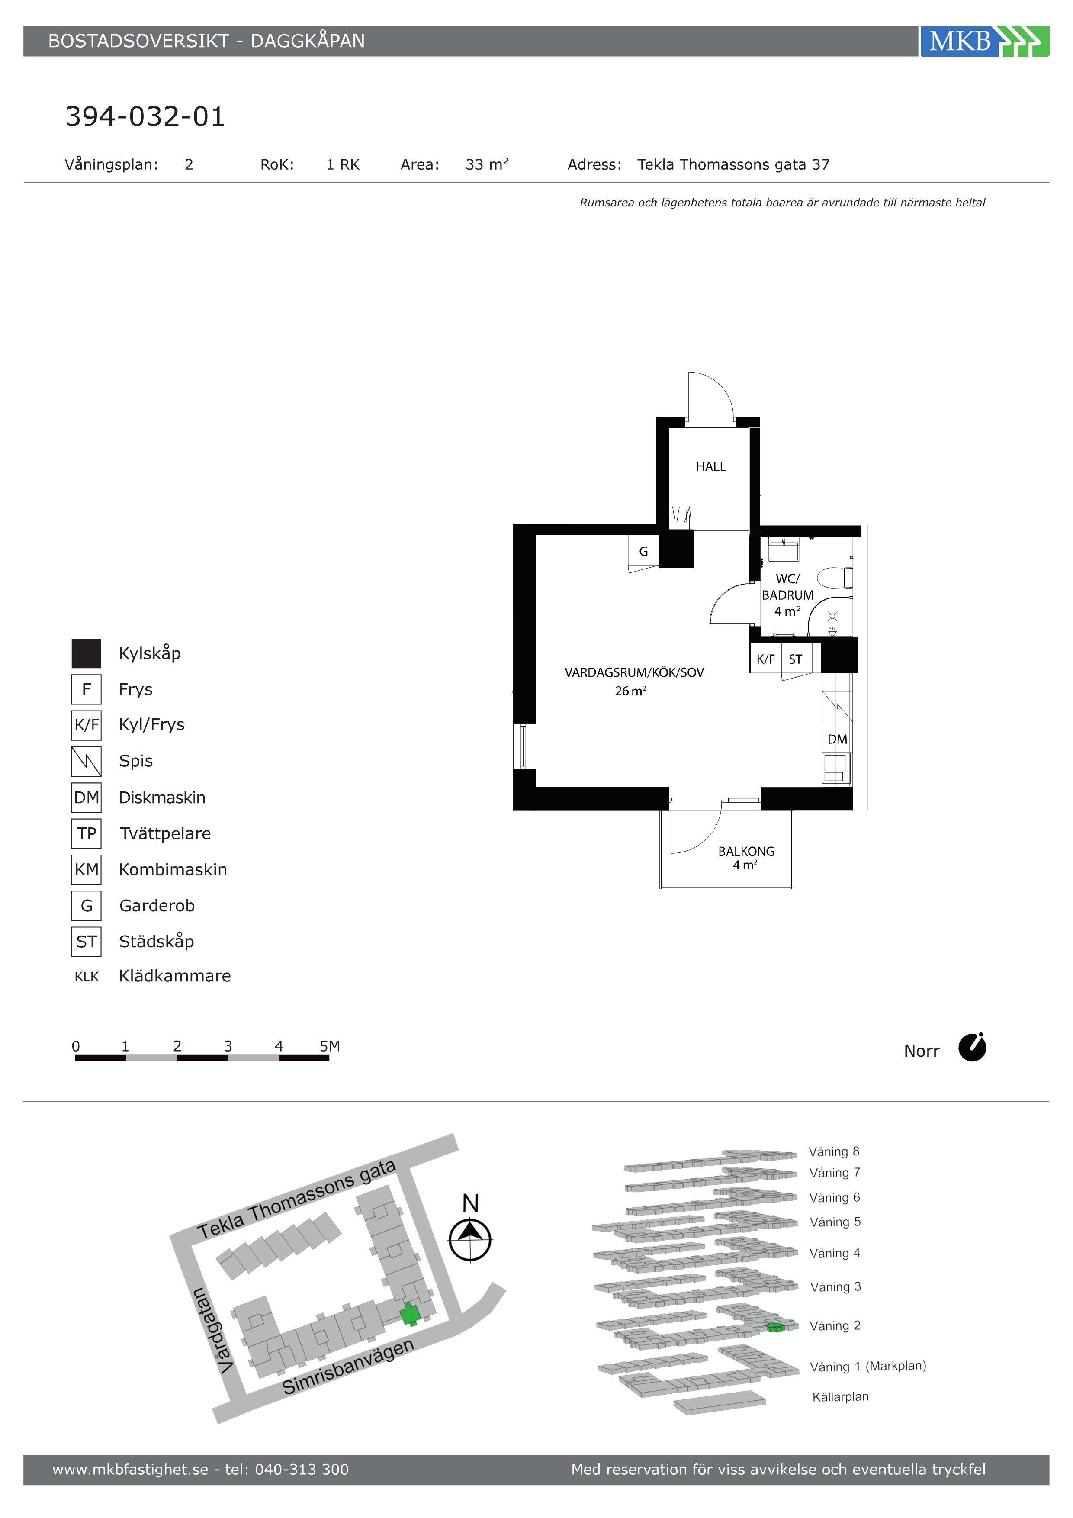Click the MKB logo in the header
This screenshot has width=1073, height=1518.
[x=984, y=41]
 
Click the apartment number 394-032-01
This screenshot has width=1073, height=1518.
[x=145, y=116]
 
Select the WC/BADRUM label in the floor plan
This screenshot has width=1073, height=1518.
[x=787, y=587]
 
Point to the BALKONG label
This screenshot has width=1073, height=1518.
[x=746, y=852]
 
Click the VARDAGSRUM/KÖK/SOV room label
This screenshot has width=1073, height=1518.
[x=634, y=673]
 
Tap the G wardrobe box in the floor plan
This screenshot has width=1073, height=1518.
[x=643, y=551]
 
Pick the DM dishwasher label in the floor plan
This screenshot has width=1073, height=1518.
[x=837, y=739]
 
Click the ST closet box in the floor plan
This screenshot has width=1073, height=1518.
[x=796, y=659]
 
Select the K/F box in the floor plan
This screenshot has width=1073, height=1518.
[x=765, y=659]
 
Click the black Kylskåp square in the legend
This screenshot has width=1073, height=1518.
[x=87, y=653]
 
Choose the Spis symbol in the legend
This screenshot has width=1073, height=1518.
[x=87, y=761]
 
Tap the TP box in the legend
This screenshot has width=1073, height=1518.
[x=87, y=834]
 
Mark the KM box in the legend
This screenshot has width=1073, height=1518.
[x=87, y=869]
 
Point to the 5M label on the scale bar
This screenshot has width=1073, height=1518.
[x=330, y=1046]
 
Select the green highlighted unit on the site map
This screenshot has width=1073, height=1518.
[x=410, y=1314]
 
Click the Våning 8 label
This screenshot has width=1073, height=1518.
[x=834, y=1152]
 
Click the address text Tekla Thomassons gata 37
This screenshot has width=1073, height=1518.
[x=733, y=164]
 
